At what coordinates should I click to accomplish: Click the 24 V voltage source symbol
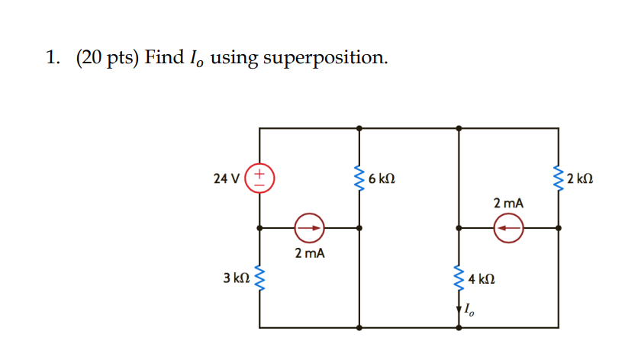click(260, 178)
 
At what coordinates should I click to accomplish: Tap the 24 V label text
click(227, 179)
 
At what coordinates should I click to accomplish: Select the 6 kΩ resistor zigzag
click(359, 179)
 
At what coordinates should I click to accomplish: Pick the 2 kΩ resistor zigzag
click(559, 179)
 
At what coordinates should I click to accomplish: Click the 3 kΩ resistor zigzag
click(260, 278)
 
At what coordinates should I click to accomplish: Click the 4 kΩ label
click(482, 279)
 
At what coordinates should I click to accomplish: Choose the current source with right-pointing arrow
click(309, 227)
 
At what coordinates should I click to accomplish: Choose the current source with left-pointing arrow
click(508, 227)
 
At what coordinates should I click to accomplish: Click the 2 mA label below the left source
click(309, 252)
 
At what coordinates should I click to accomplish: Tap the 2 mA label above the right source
click(508, 203)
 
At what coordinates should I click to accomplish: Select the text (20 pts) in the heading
click(107, 57)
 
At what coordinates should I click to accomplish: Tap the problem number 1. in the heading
click(52, 57)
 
